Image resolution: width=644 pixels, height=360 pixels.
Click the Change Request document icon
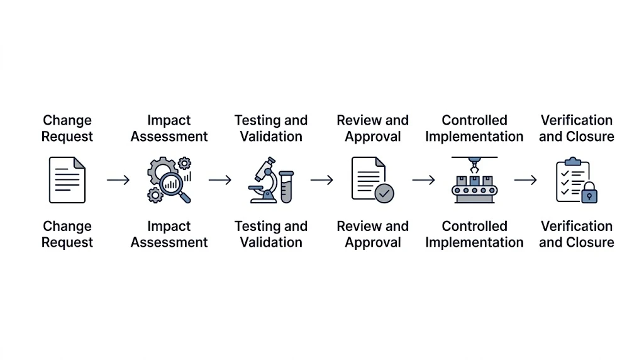67,180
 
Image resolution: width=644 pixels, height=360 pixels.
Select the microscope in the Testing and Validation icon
263,180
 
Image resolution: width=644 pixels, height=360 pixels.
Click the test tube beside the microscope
286,187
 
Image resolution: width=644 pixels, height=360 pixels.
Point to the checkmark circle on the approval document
384,193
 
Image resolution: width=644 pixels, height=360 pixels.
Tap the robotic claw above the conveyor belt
474,165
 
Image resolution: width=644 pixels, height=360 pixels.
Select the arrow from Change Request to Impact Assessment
118,180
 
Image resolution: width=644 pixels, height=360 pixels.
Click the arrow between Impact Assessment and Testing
220,180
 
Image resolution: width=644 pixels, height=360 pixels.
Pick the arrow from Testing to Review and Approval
322,180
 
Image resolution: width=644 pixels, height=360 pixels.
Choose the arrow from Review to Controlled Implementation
424,180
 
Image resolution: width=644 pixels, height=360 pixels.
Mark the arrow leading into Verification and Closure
526,180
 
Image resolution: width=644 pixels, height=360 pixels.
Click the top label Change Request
67,128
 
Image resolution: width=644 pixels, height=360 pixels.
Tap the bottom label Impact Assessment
169,234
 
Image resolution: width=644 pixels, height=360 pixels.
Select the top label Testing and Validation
271,128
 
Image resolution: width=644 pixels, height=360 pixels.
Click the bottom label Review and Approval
373,234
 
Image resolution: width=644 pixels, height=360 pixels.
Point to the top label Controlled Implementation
474,128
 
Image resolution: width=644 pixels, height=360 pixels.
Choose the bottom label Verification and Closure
577,234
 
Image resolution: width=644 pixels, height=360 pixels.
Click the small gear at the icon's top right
184,163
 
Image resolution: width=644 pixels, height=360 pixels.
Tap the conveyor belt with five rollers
474,190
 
